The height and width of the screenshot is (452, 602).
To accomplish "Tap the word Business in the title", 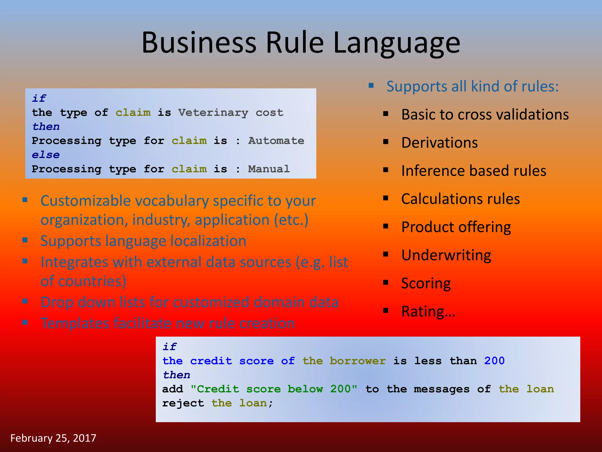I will [x=199, y=43].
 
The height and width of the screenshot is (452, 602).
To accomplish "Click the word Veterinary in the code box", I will [x=213, y=113].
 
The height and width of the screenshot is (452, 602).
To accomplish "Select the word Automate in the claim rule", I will [x=276, y=141].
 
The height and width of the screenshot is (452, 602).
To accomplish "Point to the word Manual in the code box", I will [x=269, y=169].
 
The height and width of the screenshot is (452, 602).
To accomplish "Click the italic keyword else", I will [x=46, y=155].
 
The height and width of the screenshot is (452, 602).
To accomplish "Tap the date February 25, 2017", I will [x=53, y=438].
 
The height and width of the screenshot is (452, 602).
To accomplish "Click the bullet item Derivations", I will [x=439, y=143].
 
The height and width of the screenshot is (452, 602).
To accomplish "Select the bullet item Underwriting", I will [x=446, y=255].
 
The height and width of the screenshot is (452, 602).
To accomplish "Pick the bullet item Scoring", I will [x=426, y=283].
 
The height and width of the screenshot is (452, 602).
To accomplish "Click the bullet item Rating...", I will [x=428, y=311].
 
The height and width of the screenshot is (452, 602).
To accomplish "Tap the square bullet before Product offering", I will [x=386, y=226].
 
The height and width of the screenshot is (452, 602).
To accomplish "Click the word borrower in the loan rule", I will [x=357, y=361].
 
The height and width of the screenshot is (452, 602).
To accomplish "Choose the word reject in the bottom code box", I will [x=183, y=403].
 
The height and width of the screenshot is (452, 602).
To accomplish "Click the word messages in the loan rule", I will [x=441, y=389].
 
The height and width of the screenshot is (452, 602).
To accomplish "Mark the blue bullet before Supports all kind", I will [x=371, y=86].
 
